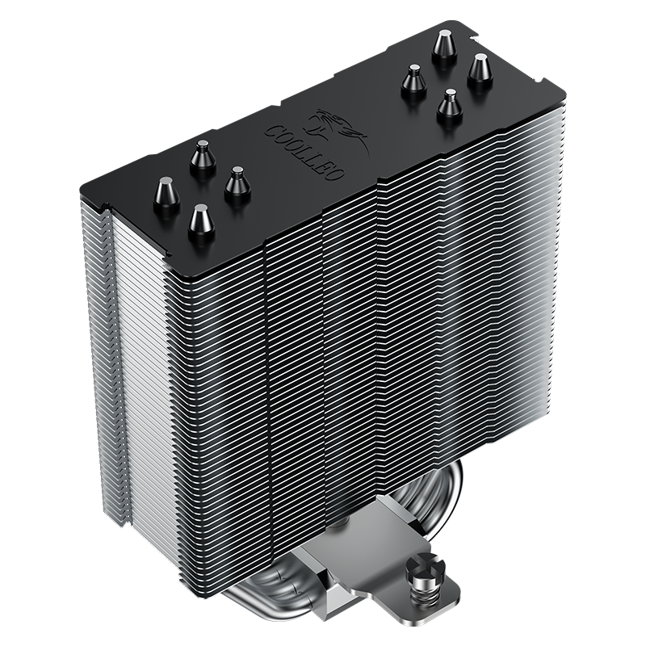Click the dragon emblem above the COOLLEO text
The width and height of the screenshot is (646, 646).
click(x=338, y=132)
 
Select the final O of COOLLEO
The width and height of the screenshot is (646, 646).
click(x=333, y=173)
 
